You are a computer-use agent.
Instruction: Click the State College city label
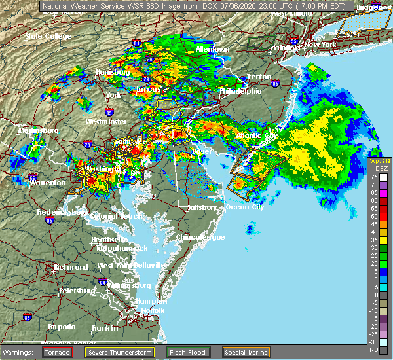48,36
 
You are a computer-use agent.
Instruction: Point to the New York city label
320,45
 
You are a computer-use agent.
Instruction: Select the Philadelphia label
240,91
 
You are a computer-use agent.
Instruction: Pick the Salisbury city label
200,207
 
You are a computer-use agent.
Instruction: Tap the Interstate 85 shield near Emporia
27,318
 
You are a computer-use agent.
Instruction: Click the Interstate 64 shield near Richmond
103,282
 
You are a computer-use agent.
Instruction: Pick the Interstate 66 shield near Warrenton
33,177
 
